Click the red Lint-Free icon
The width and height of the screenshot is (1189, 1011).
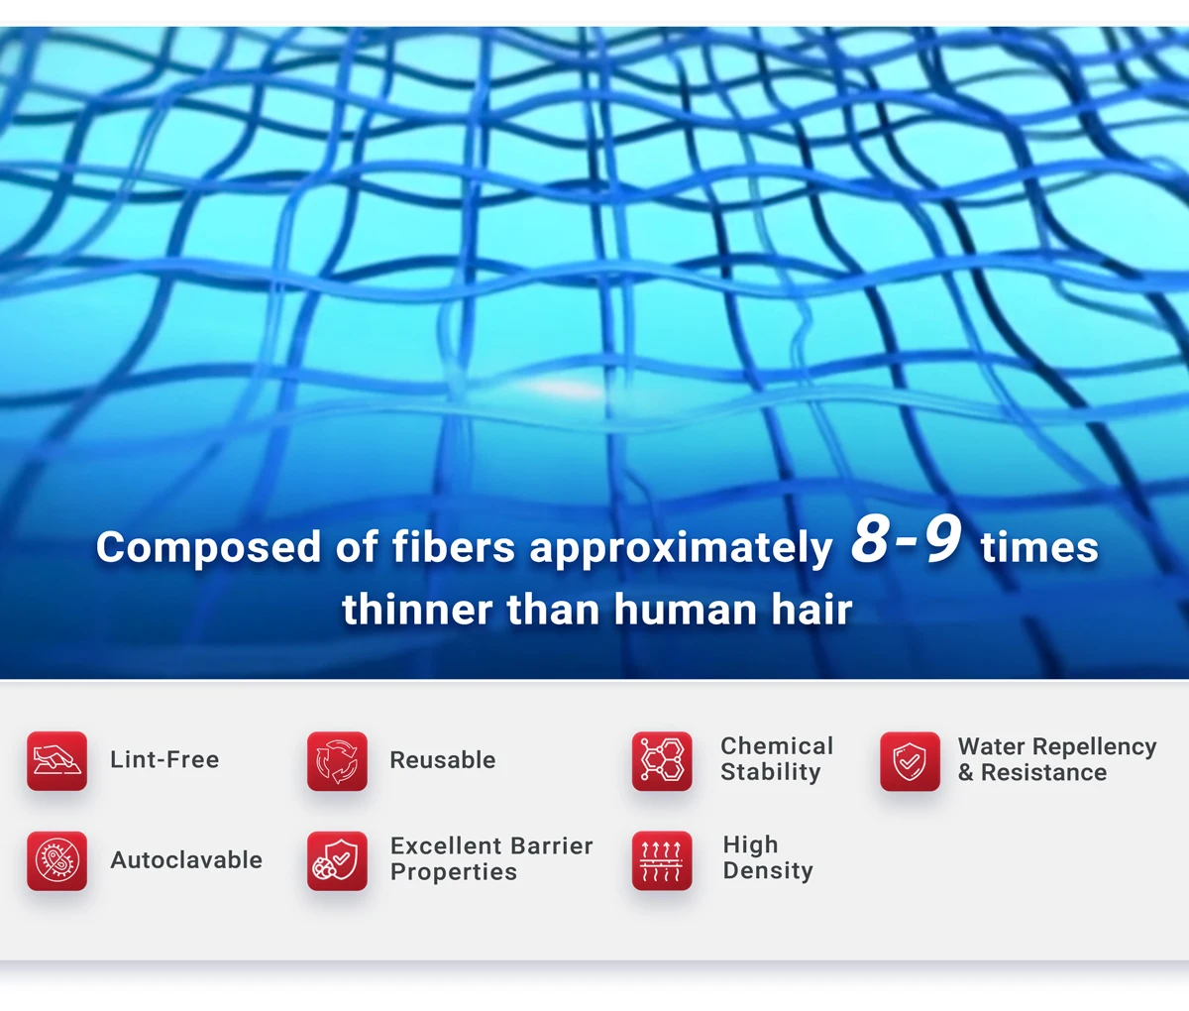[56, 760]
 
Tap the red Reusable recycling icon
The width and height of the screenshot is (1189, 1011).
[337, 760]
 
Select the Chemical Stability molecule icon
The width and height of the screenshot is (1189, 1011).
[662, 760]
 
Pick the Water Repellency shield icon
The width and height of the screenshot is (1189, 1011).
[910, 760]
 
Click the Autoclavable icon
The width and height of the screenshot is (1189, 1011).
[56, 860]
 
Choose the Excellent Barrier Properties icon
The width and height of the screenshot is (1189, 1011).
[337, 860]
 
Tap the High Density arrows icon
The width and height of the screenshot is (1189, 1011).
[662, 860]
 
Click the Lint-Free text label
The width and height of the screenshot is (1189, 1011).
[164, 759]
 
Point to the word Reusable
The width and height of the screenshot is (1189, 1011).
[442, 760]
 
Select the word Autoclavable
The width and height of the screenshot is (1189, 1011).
[186, 860]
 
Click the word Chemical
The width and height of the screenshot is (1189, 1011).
[777, 746]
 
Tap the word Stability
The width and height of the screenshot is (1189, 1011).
[770, 772]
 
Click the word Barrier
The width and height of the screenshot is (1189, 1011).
[551, 845]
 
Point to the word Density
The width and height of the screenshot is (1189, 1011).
[768, 871]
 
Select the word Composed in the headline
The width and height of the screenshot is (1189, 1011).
[208, 548]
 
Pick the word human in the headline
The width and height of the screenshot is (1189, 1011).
[685, 610]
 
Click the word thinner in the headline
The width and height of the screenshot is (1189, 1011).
[417, 610]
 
